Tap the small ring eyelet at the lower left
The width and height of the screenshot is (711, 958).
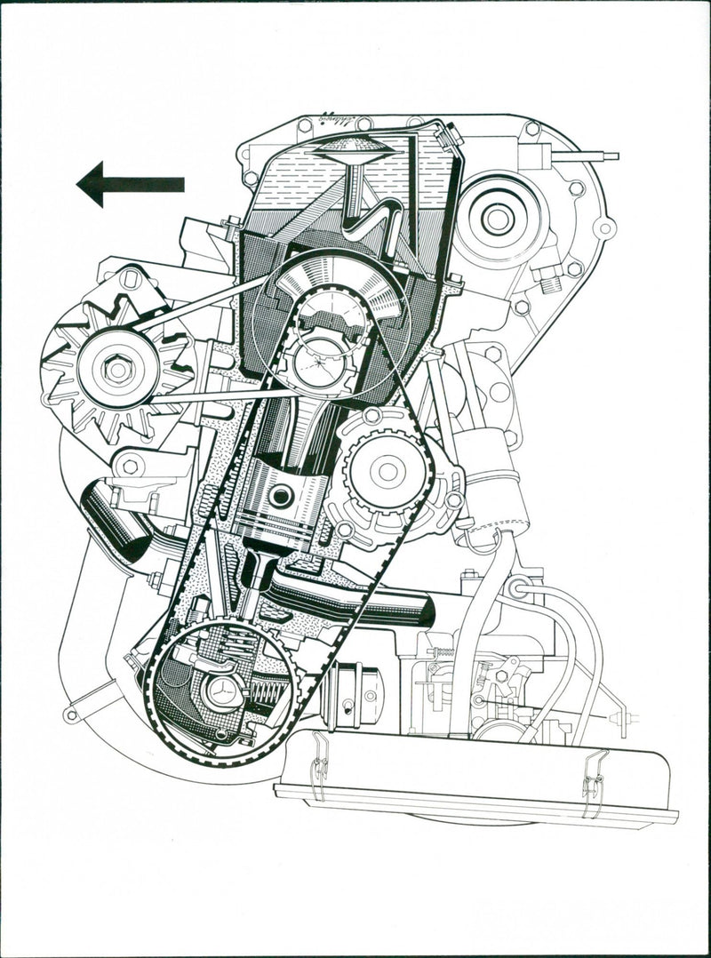[71, 715]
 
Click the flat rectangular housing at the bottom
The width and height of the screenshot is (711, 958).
[480, 782]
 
